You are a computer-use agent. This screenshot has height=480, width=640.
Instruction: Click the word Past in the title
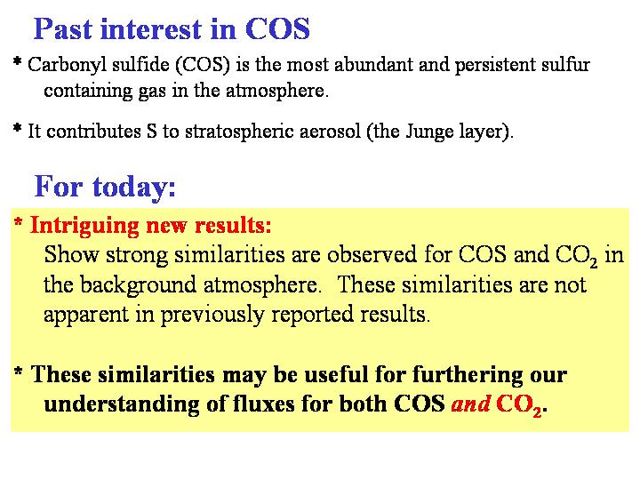[x=63, y=29]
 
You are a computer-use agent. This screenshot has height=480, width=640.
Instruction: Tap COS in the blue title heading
[x=277, y=29]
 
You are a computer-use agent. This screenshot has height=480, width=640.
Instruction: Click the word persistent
[x=495, y=65]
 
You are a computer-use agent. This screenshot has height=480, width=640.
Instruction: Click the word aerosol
[x=330, y=132]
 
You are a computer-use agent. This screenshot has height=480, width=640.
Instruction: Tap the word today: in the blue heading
[x=134, y=187]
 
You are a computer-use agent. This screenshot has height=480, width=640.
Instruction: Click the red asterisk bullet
[x=18, y=222]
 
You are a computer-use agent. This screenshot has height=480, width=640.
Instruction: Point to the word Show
[x=71, y=254]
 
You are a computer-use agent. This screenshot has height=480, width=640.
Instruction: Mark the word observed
[x=372, y=254]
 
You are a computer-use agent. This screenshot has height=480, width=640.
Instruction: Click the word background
[x=138, y=285]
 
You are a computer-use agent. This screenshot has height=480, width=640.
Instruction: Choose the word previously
[x=212, y=315]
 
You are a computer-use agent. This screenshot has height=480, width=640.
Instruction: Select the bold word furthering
[x=468, y=375]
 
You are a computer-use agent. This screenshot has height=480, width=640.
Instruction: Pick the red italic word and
[x=470, y=404]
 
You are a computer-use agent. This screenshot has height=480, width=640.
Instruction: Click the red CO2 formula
[x=519, y=405]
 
